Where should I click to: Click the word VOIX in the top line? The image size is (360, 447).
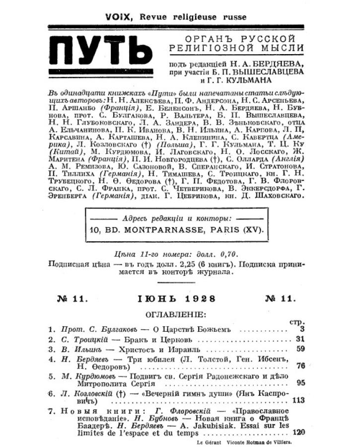click(117, 17)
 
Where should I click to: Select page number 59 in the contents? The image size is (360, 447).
click(299, 349)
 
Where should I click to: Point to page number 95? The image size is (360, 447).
click(300, 383)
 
